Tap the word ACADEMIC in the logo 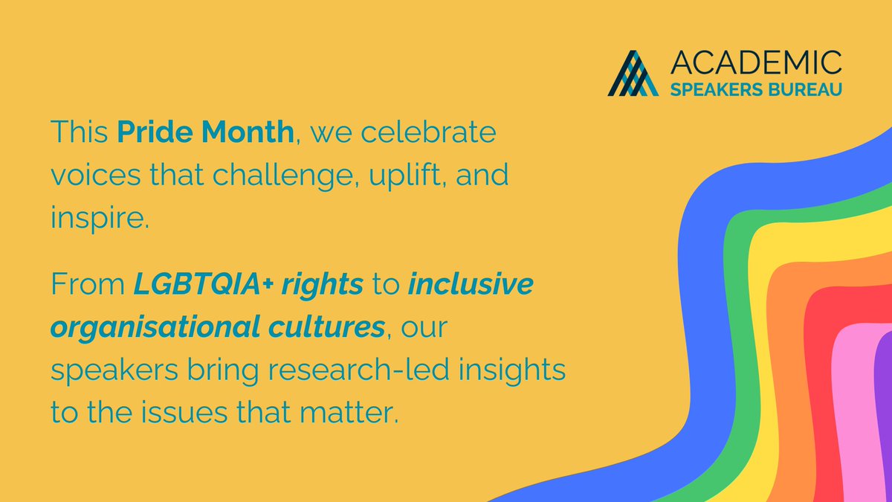pos(756,62)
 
